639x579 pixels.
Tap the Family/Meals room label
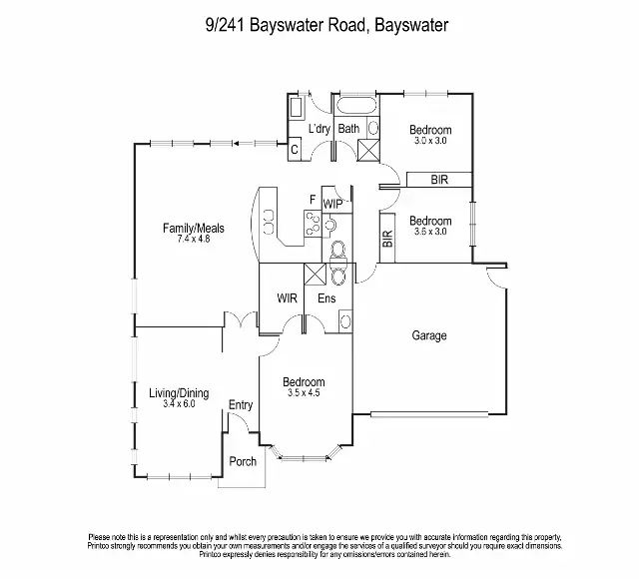[x=194, y=229]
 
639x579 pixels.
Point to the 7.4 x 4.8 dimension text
[x=194, y=240]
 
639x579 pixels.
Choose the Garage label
[x=429, y=336]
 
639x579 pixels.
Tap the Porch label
[x=243, y=461]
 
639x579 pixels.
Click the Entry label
[x=241, y=404]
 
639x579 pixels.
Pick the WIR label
[x=289, y=297]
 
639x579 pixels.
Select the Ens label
[x=326, y=297]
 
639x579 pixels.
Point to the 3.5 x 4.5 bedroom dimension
[x=304, y=393]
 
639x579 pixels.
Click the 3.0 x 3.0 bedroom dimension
[x=430, y=141]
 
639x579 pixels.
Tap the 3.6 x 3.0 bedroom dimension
[x=430, y=232]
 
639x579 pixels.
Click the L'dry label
[x=319, y=129]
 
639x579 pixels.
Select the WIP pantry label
[x=332, y=204]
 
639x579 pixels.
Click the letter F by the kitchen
[x=313, y=200]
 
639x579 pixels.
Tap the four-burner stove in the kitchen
[x=313, y=225]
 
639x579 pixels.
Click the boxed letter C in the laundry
[x=295, y=151]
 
